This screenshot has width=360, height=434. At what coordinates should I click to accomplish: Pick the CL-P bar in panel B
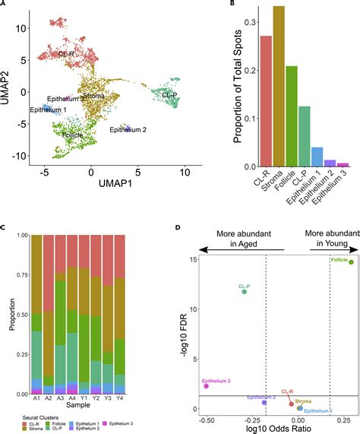[x=305, y=137]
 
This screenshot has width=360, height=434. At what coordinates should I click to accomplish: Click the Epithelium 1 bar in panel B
[x=317, y=157]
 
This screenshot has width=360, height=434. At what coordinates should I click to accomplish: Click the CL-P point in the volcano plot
[x=245, y=291]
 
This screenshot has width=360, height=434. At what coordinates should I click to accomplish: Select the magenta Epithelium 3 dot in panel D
[x=206, y=386]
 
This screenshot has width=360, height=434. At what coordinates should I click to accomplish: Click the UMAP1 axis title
[x=91, y=184]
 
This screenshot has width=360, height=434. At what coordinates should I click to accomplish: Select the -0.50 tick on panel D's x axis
[x=204, y=421]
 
